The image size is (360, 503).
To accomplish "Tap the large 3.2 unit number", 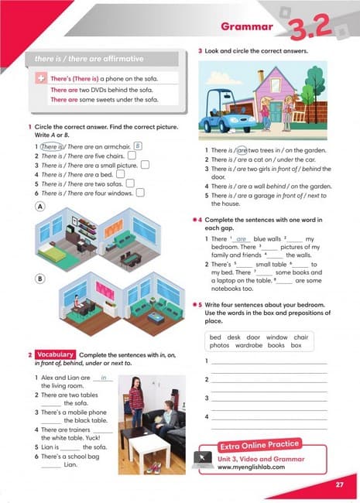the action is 310,28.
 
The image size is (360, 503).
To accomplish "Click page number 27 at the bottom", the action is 339,485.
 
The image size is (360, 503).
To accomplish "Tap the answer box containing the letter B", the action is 137,145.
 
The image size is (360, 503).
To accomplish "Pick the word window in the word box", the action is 276,337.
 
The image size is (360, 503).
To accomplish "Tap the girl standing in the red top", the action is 136,402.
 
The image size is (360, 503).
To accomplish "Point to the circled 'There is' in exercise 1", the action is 51,146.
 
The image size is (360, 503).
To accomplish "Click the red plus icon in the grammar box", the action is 40,80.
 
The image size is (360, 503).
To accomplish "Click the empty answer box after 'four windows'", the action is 140,193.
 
